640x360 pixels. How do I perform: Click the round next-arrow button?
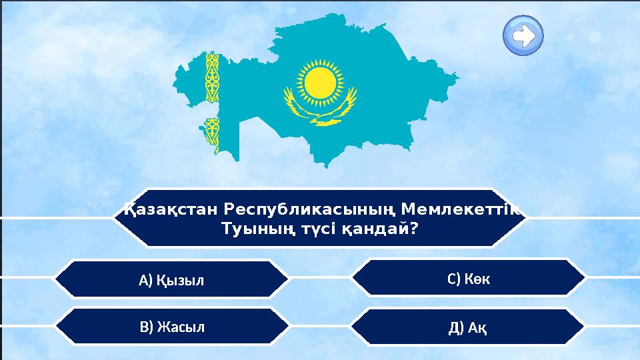pyautogui.click(x=523, y=35)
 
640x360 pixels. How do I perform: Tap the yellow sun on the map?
pyautogui.click(x=318, y=80)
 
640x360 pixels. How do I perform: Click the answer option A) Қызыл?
pyautogui.click(x=171, y=279)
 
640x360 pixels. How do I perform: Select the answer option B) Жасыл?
pyautogui.click(x=171, y=327)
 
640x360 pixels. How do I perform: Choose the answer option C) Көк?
pyautogui.click(x=469, y=278)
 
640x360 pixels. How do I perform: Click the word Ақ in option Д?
pyautogui.click(x=477, y=328)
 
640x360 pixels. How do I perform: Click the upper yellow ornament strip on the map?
pyautogui.click(x=212, y=77)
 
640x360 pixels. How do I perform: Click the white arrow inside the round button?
pyautogui.click(x=524, y=35)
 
